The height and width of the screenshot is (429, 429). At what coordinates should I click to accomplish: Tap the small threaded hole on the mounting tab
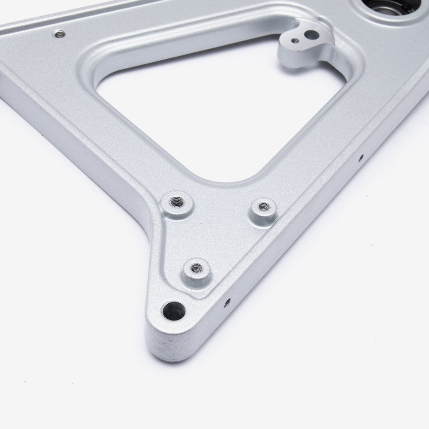[295, 41]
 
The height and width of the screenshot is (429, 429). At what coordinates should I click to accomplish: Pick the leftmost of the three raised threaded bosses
[176, 201]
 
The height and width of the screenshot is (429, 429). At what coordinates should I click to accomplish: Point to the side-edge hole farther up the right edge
[361, 157]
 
